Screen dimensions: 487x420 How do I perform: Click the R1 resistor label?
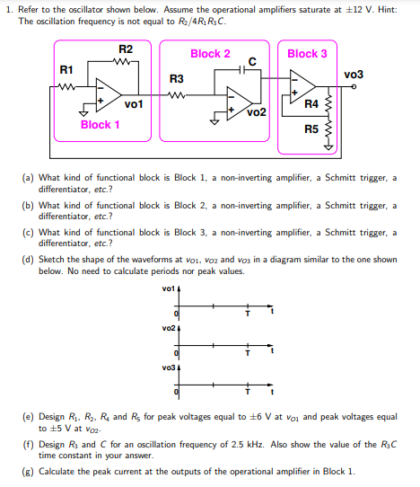click(x=66, y=69)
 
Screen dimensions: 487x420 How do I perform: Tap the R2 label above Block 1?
click(x=126, y=49)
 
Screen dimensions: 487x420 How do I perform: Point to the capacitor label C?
click(x=253, y=59)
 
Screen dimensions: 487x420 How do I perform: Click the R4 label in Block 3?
click(x=311, y=104)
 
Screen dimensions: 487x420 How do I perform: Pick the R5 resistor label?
click(x=311, y=129)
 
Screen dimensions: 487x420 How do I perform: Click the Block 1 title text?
click(x=100, y=125)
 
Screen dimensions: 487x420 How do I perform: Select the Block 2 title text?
click(x=210, y=54)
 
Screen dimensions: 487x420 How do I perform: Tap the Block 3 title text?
click(x=307, y=54)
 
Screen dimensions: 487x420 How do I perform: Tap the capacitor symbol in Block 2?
click(x=252, y=70)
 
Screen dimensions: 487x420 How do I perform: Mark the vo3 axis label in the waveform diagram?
click(x=168, y=367)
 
